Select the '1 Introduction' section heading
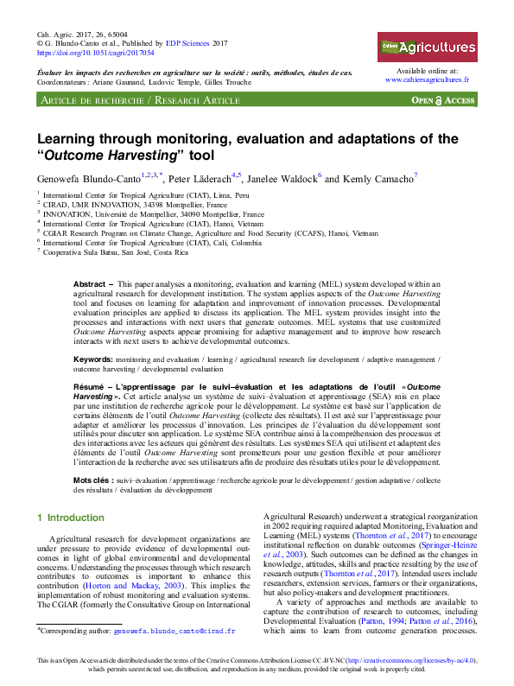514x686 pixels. pyautogui.click(x=70, y=518)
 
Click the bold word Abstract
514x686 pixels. pyautogui.click(x=89, y=283)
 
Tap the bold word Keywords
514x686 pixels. pyautogui.click(x=92, y=358)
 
